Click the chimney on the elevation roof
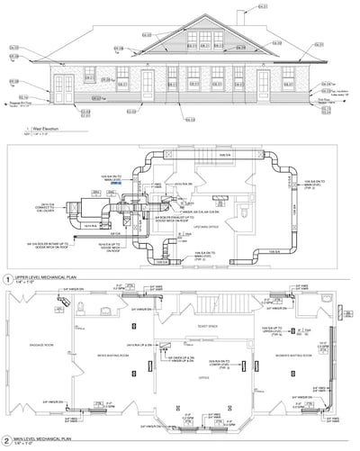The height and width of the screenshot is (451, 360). click(240, 16)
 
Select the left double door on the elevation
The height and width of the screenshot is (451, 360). click(65, 88)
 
